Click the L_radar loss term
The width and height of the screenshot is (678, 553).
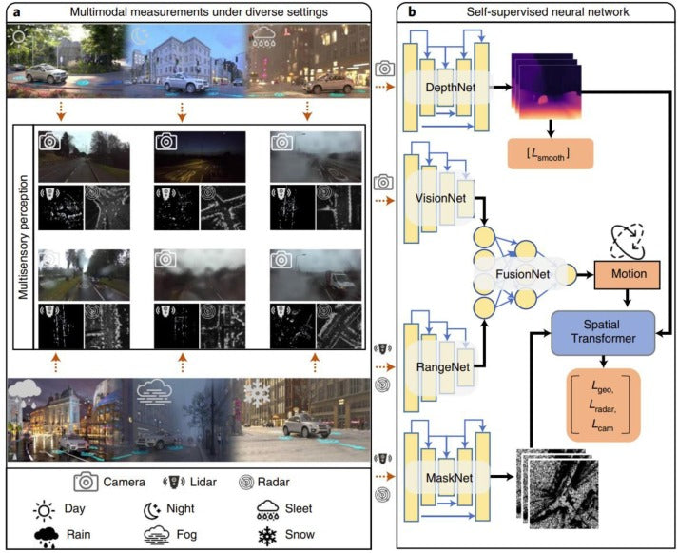pyautogui.click(x=606, y=407)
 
